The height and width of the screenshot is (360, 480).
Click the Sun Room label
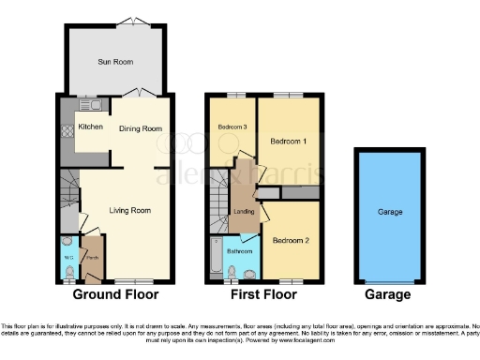(x=116, y=62)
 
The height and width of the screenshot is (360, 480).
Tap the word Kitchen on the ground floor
(x=90, y=126)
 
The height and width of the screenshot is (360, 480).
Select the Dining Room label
(x=141, y=128)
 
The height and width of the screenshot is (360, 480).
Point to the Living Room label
(x=129, y=210)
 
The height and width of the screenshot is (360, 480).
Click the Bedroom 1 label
(x=290, y=141)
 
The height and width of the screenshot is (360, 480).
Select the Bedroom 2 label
(x=292, y=240)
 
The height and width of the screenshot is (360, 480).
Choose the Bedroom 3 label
(x=232, y=127)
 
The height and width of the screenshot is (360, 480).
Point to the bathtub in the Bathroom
(x=217, y=257)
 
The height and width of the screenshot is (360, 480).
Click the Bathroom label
(x=241, y=250)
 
